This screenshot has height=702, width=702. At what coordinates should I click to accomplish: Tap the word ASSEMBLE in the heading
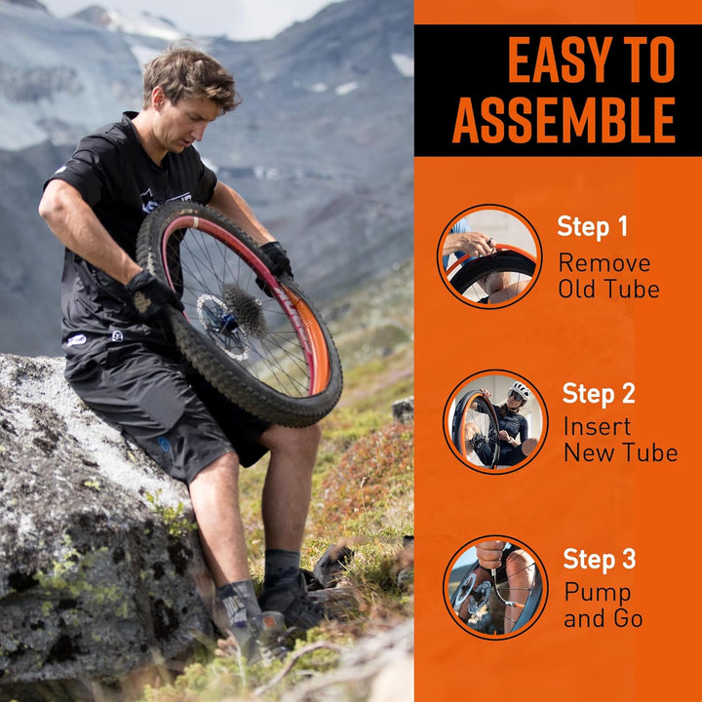(564, 120)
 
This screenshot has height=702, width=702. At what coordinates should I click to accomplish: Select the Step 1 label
(592, 226)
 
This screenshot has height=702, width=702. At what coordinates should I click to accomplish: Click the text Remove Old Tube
(608, 275)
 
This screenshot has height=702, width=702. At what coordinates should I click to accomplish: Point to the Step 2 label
(599, 393)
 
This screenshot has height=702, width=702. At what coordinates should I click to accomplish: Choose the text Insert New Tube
(620, 439)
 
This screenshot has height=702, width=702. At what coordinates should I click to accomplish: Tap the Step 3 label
(599, 559)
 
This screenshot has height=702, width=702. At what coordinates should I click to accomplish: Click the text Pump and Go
(604, 604)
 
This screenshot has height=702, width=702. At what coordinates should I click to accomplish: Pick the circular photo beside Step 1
(489, 256)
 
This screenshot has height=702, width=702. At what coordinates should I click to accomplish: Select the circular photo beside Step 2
(495, 422)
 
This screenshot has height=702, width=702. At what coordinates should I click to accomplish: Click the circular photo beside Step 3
(495, 587)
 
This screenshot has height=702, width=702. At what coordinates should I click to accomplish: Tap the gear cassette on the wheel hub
(246, 309)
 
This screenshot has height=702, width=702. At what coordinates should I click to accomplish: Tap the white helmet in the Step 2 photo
(521, 389)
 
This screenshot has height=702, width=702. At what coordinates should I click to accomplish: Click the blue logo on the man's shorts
(164, 444)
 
